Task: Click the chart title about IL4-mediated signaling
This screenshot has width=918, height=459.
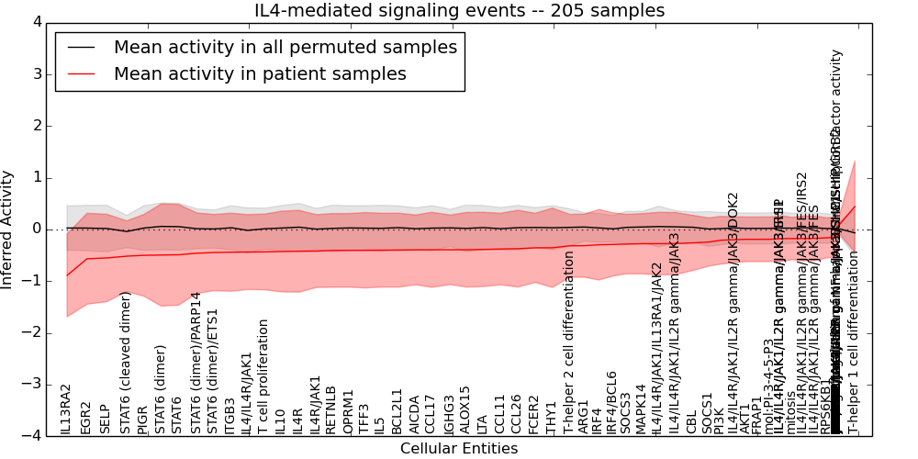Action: [459, 10]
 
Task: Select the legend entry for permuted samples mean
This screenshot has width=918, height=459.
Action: [285, 48]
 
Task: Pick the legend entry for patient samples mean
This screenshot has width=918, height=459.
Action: [260, 74]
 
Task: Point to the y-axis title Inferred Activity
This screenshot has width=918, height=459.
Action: [8, 229]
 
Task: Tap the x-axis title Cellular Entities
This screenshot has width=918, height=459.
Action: [459, 449]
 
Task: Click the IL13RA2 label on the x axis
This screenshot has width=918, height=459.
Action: [66, 409]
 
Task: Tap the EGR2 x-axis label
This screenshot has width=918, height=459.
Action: [86, 418]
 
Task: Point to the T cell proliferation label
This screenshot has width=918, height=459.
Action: [263, 377]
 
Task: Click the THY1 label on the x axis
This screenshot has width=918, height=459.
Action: [551, 418]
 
